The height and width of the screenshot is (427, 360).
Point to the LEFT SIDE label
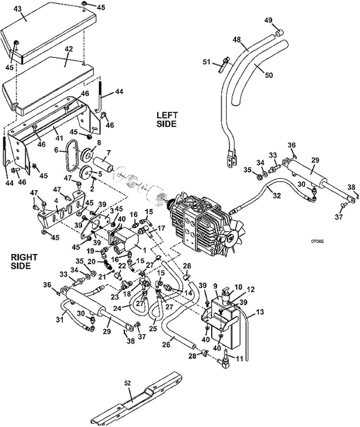tap(166, 118)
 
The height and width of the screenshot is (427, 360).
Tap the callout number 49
tap(269, 21)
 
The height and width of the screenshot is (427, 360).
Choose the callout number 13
tap(259, 311)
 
